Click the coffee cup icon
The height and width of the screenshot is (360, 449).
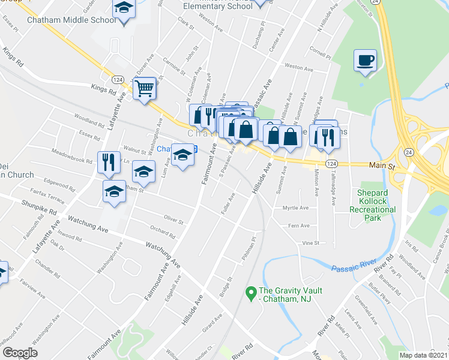(x=365, y=61)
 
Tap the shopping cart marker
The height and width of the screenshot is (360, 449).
(x=145, y=88)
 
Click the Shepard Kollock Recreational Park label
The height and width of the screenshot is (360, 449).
(x=373, y=205)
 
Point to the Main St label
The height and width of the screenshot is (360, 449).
(x=381, y=165)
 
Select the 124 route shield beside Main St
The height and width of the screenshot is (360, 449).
(x=331, y=164)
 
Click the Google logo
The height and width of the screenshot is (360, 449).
(x=20, y=352)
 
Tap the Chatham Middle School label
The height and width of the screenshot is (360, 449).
(x=71, y=20)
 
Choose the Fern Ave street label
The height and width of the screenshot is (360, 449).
(x=298, y=226)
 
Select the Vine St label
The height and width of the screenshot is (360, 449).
(x=310, y=243)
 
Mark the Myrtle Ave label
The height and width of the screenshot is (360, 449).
(x=295, y=208)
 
